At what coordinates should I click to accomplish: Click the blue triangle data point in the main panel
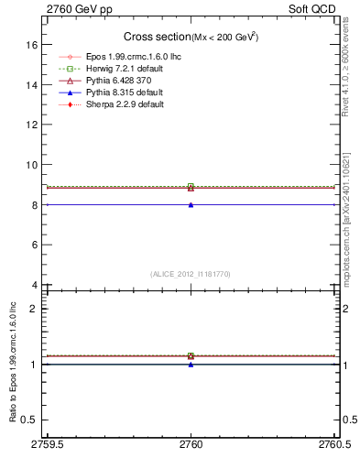click(x=191, y=205)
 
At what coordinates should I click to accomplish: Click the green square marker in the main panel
click(x=191, y=187)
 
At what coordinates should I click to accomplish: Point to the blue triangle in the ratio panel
click(x=191, y=365)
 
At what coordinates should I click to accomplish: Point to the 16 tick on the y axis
click(x=31, y=44)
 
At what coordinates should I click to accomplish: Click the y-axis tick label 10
click(x=31, y=165)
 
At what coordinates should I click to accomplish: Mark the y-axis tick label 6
click(x=34, y=245)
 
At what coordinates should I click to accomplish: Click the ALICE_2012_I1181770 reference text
click(x=191, y=274)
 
